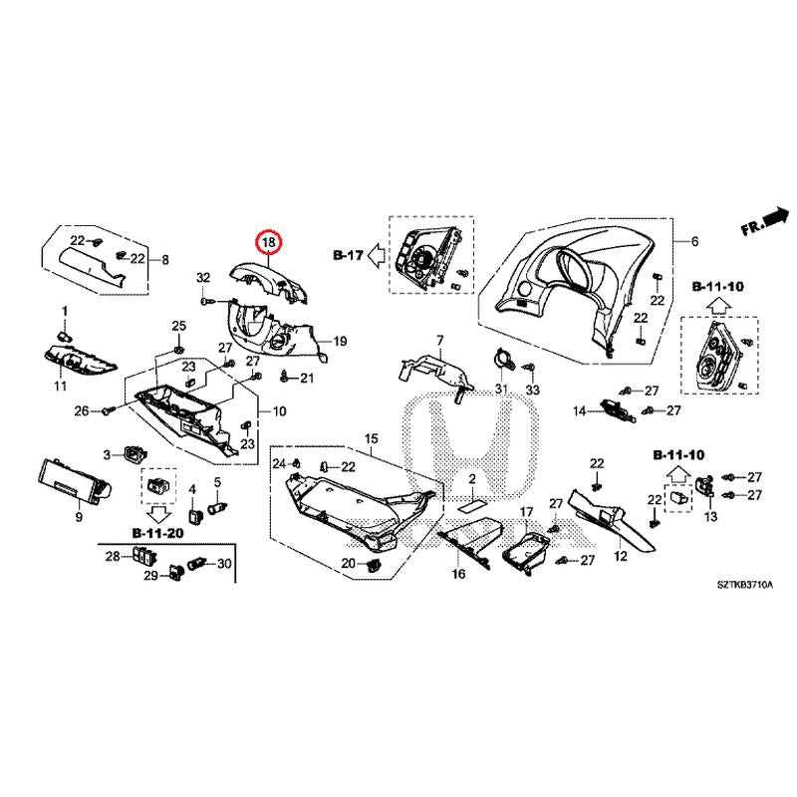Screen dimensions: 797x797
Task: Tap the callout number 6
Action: point(695,242)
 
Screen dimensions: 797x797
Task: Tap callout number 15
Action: point(372,439)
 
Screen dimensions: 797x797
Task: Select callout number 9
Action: point(79,517)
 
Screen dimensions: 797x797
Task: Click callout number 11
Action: point(60,385)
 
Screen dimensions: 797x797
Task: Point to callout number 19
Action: point(339,342)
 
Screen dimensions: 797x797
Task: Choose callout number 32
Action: point(203,277)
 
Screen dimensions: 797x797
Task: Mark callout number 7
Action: point(437,341)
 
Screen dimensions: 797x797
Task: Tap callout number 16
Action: point(458,574)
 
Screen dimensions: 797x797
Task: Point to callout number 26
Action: point(82,410)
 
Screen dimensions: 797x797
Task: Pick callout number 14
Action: point(579,410)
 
